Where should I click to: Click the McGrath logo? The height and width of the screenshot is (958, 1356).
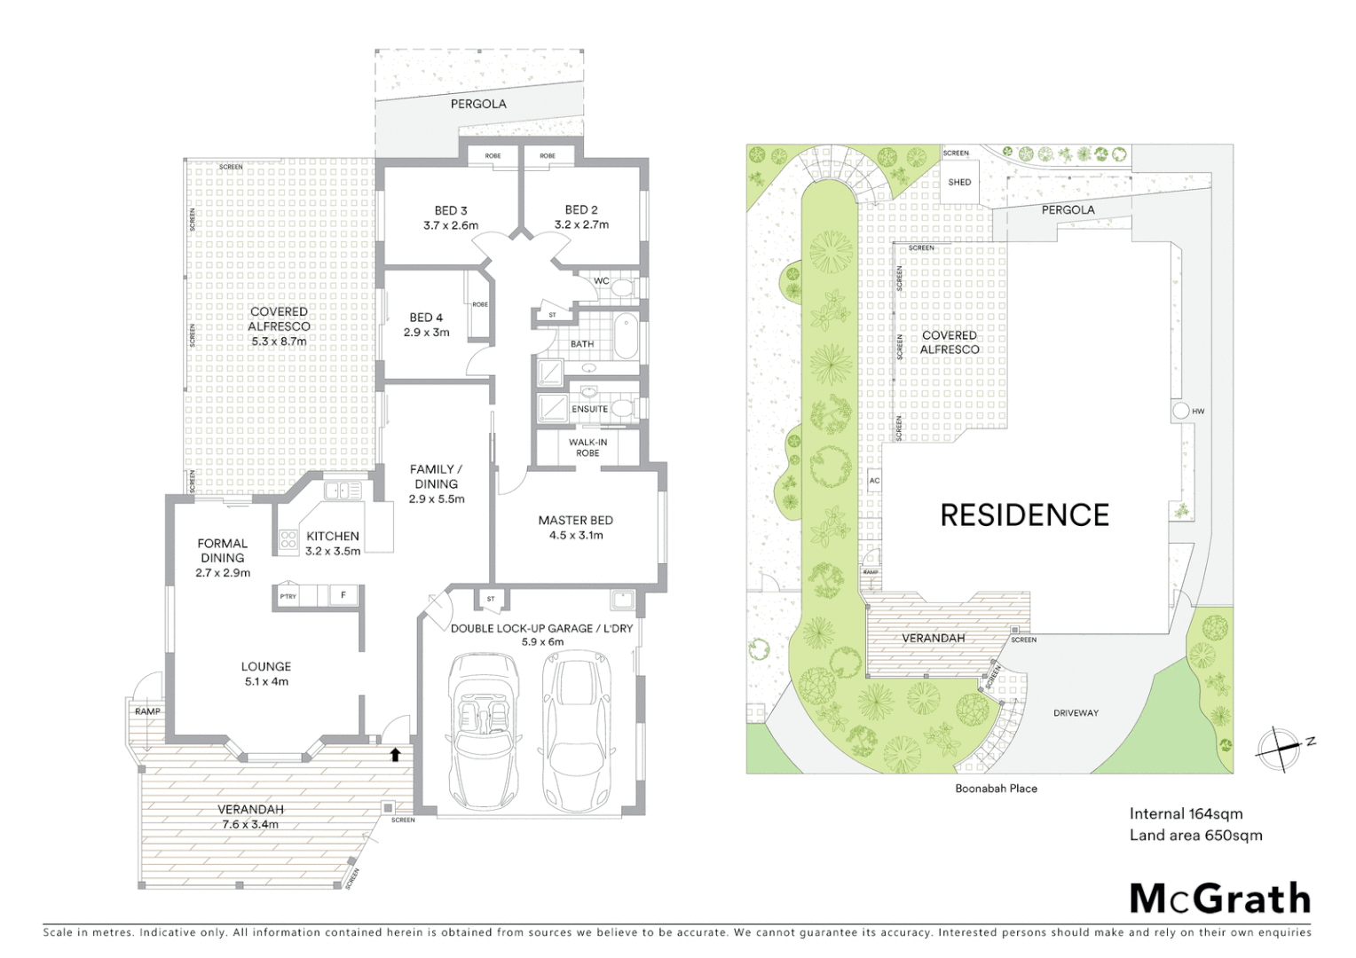(x=1220, y=899)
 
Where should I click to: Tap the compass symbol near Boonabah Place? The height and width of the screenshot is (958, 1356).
(x=1278, y=749)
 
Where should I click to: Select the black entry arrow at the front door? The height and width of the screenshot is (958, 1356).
(x=396, y=754)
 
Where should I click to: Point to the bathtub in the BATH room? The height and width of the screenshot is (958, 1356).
(x=627, y=334)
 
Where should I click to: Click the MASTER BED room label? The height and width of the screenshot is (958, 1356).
(x=575, y=521)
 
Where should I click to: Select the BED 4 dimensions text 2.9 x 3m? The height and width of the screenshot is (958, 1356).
(x=426, y=333)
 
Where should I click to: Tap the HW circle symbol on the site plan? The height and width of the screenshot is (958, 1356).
(x=1181, y=412)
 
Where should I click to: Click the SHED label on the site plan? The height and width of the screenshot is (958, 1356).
(x=959, y=182)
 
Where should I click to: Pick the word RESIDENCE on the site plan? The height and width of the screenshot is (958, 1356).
(x=1024, y=515)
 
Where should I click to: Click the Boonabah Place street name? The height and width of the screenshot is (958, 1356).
(x=996, y=788)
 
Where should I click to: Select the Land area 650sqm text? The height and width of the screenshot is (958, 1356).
(x=1195, y=835)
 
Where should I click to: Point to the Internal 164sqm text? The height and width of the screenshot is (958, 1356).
(x=1186, y=813)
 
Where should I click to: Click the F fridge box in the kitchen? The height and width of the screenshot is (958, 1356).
(x=343, y=595)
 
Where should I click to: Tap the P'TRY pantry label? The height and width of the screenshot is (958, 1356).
(x=288, y=596)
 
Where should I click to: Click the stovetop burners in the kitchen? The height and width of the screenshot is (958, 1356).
(x=288, y=540)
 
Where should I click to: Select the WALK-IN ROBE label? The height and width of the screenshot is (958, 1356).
(x=587, y=447)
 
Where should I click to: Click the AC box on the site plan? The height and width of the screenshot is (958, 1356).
(x=874, y=481)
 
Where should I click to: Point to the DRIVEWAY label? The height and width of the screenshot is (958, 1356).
(x=1076, y=713)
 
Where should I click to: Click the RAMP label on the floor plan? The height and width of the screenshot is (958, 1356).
(x=147, y=711)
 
